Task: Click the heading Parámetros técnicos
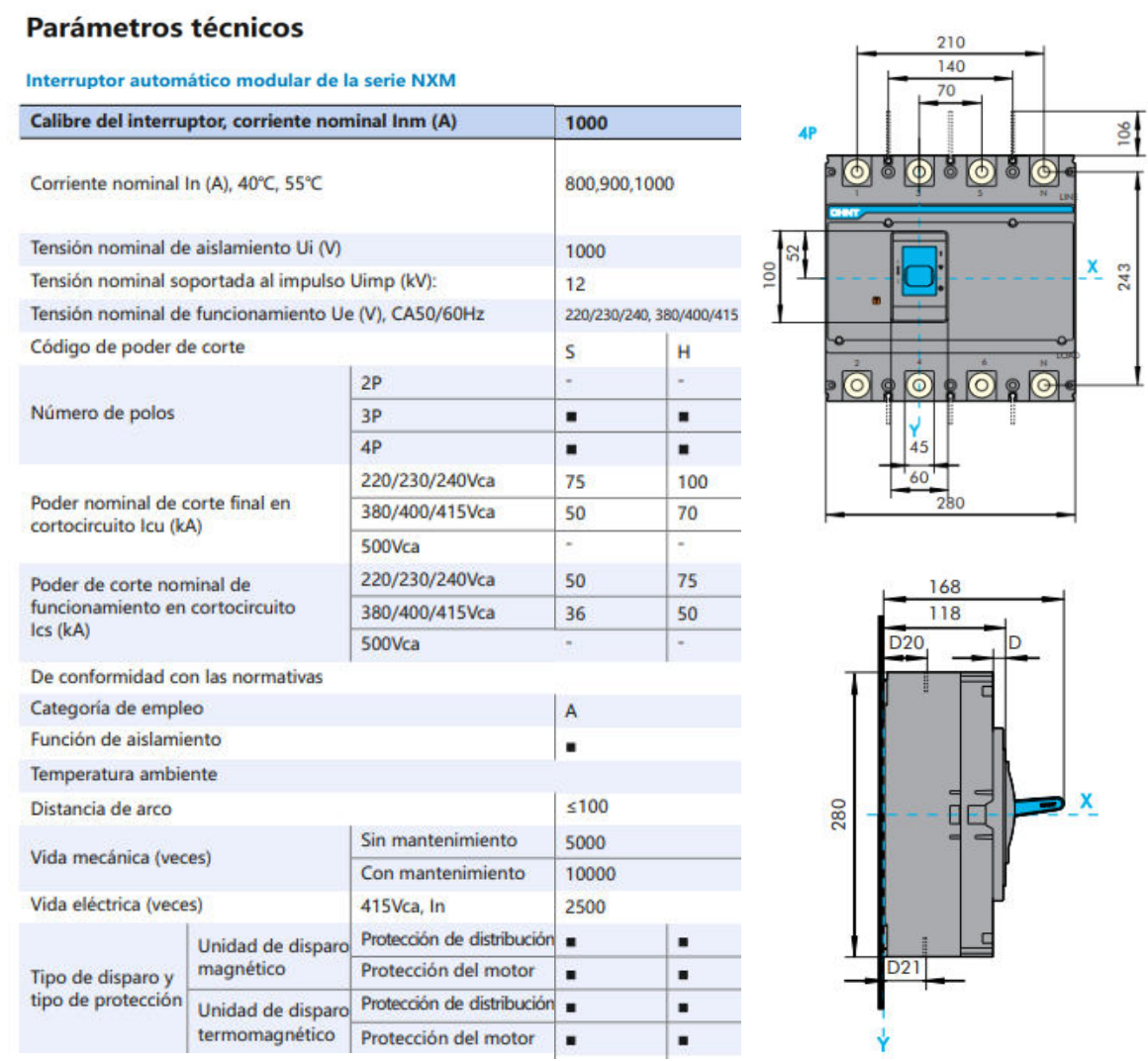pyautogui.click(x=164, y=28)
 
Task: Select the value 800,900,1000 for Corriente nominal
pyautogui.click(x=619, y=183)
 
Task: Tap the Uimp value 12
pyautogui.click(x=575, y=284)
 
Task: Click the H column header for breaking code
pyautogui.click(x=684, y=351)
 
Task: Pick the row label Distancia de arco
pyautogui.click(x=101, y=809)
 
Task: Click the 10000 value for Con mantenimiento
pyautogui.click(x=590, y=874)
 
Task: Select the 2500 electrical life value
pyautogui.click(x=585, y=907)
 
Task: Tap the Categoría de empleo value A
pyautogui.click(x=571, y=711)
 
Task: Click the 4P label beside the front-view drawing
pyautogui.click(x=808, y=133)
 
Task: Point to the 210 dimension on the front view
pyautogui.click(x=950, y=43)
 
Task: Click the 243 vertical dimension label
pyautogui.click(x=1124, y=276)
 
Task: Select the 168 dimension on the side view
pyautogui.click(x=944, y=587)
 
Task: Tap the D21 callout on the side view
pyautogui.click(x=904, y=967)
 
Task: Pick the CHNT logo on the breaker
pyautogui.click(x=844, y=212)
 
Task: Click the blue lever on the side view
pyautogui.click(x=1039, y=806)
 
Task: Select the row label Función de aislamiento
pyautogui.click(x=126, y=739)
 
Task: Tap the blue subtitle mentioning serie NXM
pyautogui.click(x=240, y=80)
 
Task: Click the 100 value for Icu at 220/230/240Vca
pyautogui.click(x=692, y=482)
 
